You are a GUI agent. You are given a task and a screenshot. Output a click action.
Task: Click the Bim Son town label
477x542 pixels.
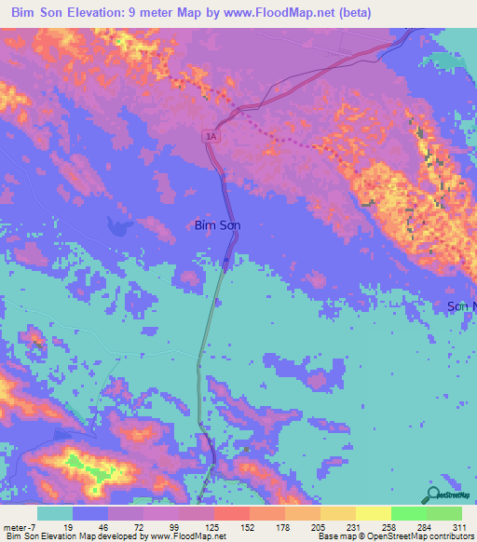225,224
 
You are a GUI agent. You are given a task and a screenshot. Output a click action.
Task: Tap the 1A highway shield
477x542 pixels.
211,136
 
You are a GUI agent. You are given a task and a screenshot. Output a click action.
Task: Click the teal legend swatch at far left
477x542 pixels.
55,514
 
